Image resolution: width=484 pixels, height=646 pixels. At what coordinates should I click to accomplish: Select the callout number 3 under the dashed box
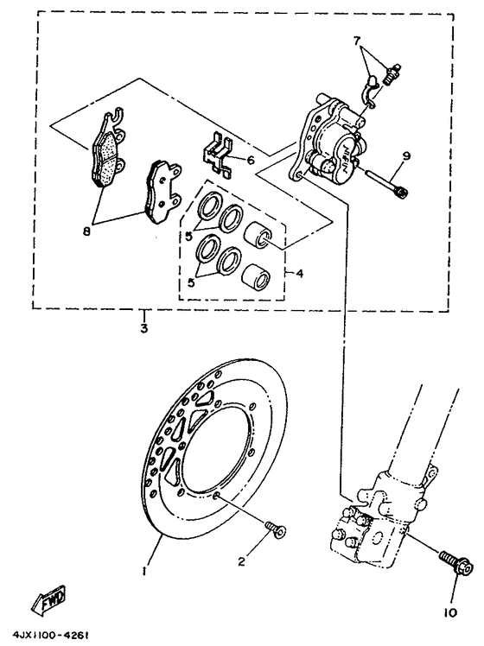tap(143, 328)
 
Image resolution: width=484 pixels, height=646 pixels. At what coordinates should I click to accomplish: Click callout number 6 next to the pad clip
tap(250, 160)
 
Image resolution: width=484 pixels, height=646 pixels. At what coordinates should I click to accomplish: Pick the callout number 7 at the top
tap(355, 41)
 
